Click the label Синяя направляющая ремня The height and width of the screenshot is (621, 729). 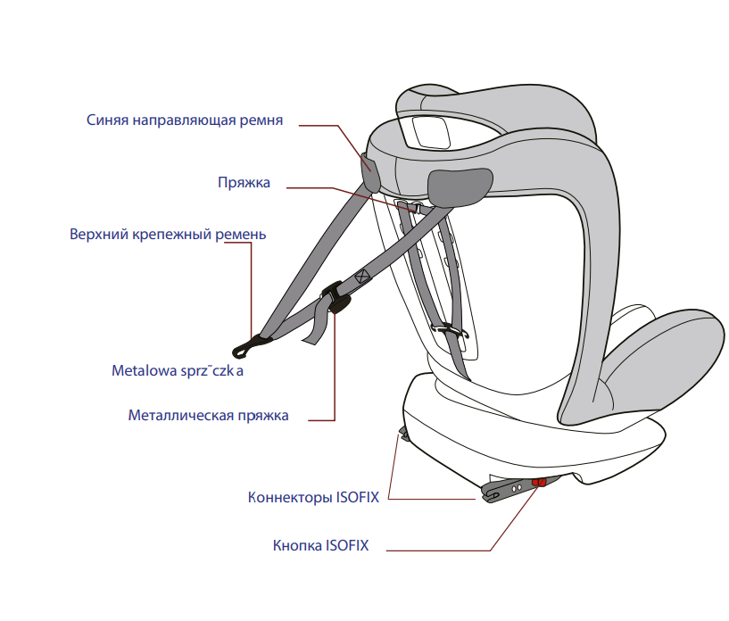tap(185, 120)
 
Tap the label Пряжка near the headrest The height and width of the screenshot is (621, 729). tap(244, 183)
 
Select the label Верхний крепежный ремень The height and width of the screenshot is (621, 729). tap(168, 235)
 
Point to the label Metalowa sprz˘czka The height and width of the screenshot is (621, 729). tap(178, 370)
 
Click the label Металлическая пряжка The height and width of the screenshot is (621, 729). tap(208, 416)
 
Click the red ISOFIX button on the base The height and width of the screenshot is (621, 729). tap(539, 482)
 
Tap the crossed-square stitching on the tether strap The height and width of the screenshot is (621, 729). tap(361, 277)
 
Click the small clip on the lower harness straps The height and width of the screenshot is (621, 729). tap(451, 331)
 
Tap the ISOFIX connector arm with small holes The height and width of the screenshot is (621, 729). tap(513, 487)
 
